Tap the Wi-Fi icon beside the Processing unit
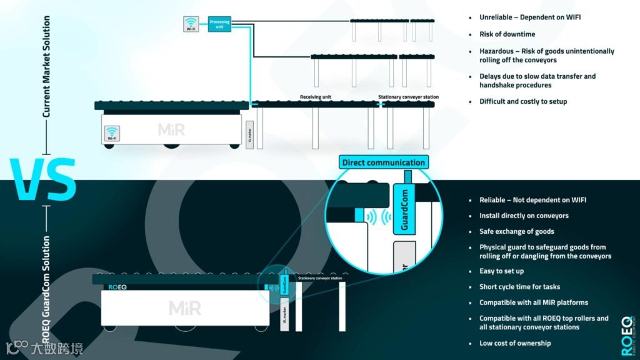(192, 24)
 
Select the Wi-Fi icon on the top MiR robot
(112, 132)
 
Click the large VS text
(43, 179)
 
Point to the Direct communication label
(383, 162)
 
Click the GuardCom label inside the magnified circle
(404, 209)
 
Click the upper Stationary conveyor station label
(408, 97)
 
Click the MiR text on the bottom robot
(186, 307)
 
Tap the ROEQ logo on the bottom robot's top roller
(113, 287)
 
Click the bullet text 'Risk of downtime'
(507, 34)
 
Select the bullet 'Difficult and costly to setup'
(523, 101)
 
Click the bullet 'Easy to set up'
(501, 271)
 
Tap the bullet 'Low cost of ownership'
(515, 343)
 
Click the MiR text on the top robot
(171, 130)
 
